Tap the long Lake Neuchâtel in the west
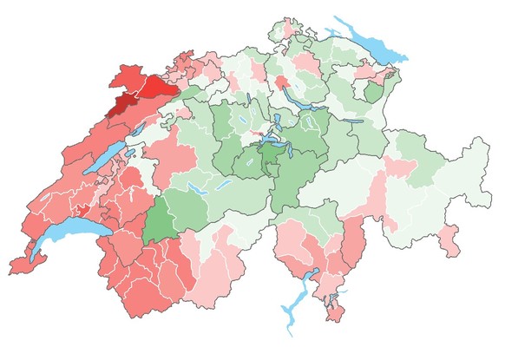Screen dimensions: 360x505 [x=104, y=160]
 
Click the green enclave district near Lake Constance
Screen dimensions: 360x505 [x=371, y=92]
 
